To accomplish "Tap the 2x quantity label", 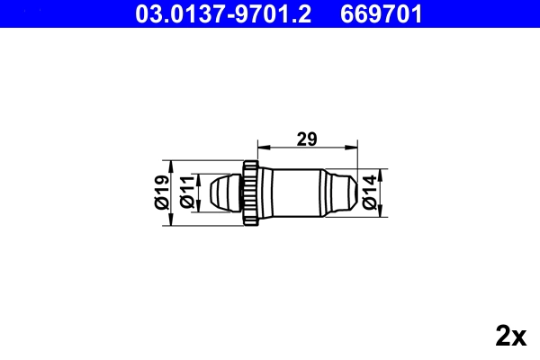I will point(510,336).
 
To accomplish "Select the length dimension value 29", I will point(307,139).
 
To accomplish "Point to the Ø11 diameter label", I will point(187,192).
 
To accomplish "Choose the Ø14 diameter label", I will point(370,192).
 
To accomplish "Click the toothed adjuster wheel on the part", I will point(250,191).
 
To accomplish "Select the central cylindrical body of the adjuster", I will point(292,191).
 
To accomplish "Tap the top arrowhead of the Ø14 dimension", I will point(382,173).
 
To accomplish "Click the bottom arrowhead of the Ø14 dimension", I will point(382,210).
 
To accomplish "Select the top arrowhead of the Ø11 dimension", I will point(199,177).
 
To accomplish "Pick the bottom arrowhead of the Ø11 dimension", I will point(199,204).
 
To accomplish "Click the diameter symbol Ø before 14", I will point(370,204).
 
